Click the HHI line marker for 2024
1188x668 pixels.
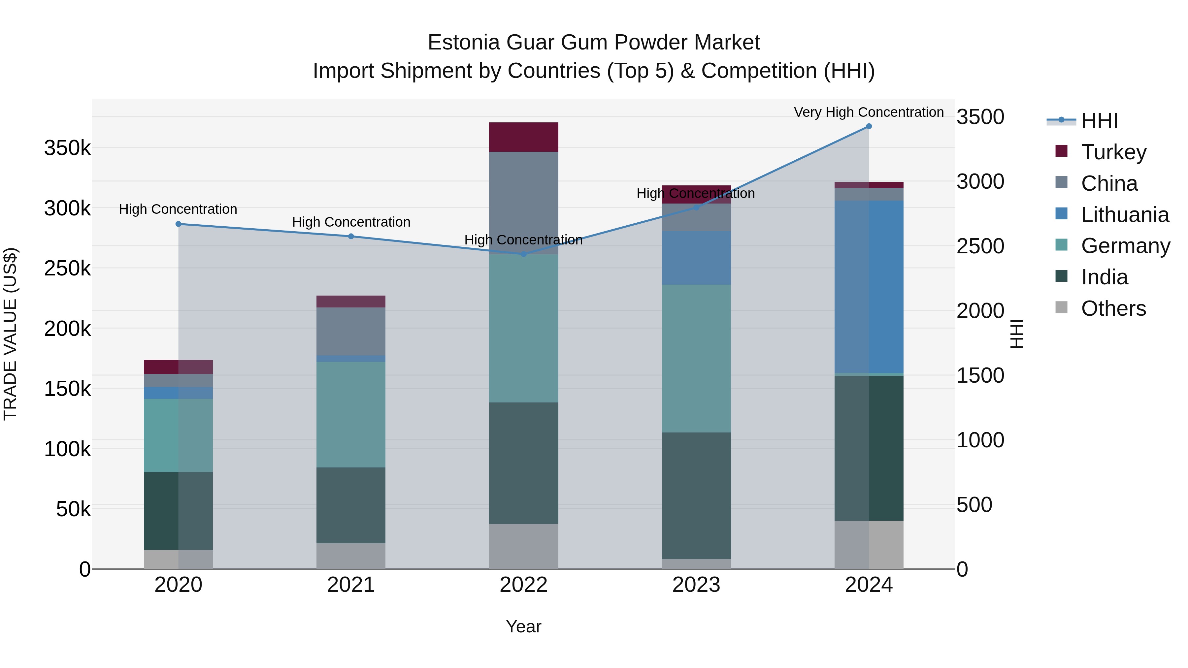(x=869, y=126)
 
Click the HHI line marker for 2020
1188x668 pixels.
(x=179, y=224)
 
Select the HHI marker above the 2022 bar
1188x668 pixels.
(x=523, y=254)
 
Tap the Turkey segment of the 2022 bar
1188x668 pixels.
(x=523, y=137)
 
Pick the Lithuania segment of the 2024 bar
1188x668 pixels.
(x=869, y=287)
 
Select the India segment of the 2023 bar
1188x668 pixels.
(x=696, y=495)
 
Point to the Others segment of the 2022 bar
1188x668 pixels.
(x=523, y=546)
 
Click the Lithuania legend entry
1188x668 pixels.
(x=1124, y=215)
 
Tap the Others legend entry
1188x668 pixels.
(x=1113, y=308)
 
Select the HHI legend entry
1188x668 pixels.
(x=1099, y=121)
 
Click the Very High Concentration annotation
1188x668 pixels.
(x=869, y=112)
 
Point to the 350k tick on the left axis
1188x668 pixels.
(x=67, y=148)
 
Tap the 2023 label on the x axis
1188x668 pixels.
(x=696, y=585)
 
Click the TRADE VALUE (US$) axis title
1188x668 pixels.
(x=10, y=334)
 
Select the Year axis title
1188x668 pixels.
(x=523, y=626)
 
